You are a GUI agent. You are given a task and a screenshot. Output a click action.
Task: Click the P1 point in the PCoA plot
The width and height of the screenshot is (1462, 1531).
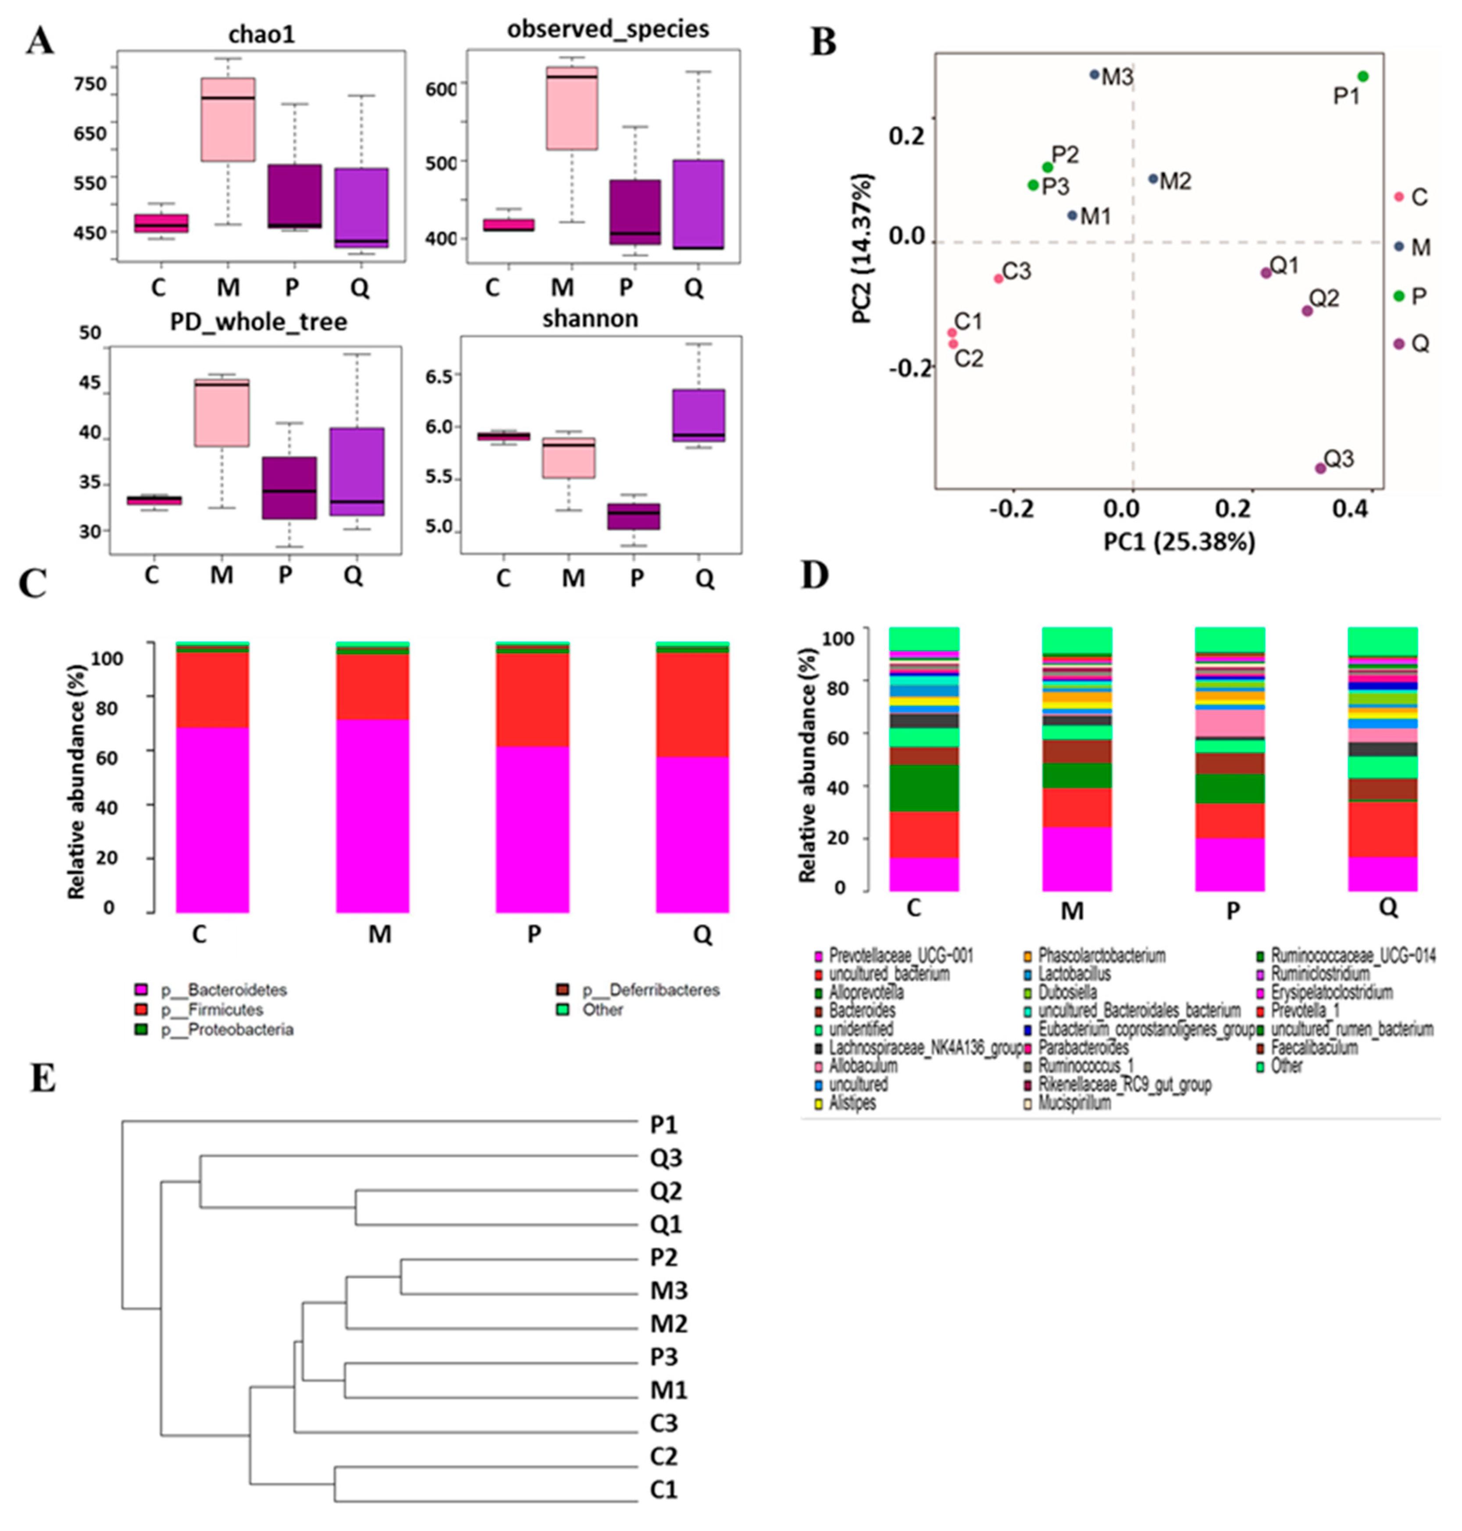[1363, 76]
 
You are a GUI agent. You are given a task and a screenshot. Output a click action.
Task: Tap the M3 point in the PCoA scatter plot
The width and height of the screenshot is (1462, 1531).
[1094, 75]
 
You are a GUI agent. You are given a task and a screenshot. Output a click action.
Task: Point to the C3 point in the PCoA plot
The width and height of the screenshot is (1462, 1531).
[998, 279]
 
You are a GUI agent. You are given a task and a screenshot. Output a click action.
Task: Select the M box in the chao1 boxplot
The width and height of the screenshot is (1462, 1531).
[228, 119]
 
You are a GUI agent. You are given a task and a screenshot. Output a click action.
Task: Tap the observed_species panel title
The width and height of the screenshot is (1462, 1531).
[608, 30]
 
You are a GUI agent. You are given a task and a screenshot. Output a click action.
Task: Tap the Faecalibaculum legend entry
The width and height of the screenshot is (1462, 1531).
[1313, 1048]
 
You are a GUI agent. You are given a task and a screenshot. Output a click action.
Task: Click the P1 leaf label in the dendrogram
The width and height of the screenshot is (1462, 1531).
[663, 1125]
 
